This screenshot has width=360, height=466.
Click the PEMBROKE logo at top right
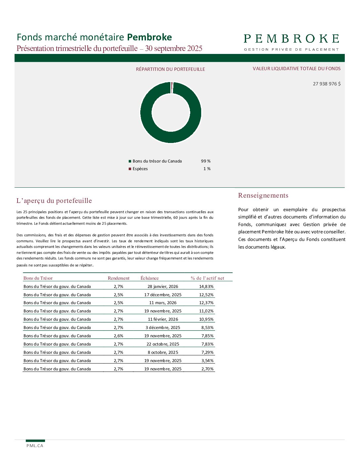pos(291,42)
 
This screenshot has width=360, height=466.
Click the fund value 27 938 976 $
pos(327,84)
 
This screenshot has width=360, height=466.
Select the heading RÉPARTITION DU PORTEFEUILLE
pos(170,69)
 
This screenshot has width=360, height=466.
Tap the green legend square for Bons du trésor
pos(130,161)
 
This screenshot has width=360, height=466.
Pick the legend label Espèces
pos(140,169)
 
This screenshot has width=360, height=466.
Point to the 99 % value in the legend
pos(205,161)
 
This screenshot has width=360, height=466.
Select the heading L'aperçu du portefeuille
pos(54,201)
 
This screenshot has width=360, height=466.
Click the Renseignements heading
pos(263,195)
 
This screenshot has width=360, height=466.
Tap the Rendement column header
pos(118,278)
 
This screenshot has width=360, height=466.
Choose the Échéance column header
pos(150,278)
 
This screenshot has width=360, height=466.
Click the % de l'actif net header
pos(207,278)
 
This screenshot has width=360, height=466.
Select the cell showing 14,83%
pos(206,287)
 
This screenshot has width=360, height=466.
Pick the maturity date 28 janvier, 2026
pos(163,287)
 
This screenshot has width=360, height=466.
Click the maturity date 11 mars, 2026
pos(163,303)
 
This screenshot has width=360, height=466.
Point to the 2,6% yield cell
pos(118,336)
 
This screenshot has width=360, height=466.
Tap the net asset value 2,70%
pos(207,369)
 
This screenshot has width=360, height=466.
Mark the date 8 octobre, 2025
pos(163,352)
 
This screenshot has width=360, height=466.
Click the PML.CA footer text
pos(35,446)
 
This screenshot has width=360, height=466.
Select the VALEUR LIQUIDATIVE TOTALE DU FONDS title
pos(296,69)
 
